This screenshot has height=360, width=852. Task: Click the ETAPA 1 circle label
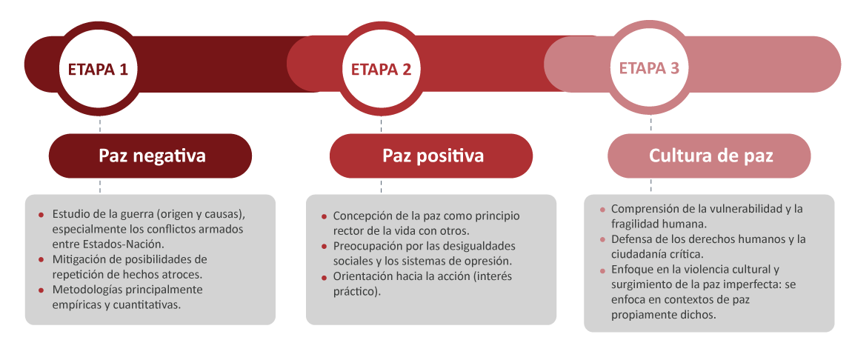point(98,69)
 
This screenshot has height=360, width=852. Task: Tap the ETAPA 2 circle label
point(381,69)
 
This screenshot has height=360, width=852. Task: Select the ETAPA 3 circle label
point(649,68)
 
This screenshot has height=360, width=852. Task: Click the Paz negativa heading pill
point(150,156)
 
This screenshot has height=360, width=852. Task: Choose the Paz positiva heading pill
point(431,156)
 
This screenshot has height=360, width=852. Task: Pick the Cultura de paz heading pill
point(709,156)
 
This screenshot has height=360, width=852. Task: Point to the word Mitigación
point(77,259)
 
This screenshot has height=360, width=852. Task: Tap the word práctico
point(355,292)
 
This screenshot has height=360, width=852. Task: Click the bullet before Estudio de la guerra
point(41,214)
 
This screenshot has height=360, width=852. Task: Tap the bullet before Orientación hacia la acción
point(325,277)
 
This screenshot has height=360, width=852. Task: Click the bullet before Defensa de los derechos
point(602,239)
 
